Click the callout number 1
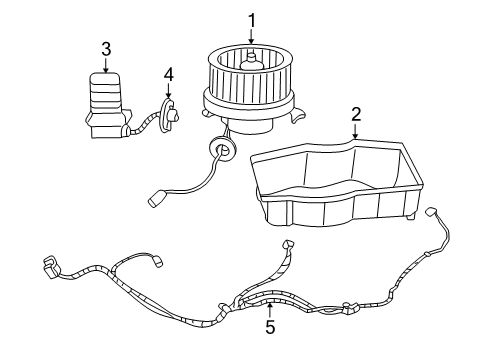pos(252,19)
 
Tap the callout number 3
pos(106,48)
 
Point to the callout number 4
pos(168,74)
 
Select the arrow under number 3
pos(106,66)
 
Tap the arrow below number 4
pos(168,92)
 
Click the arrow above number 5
pos(268,307)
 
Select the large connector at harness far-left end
pos(49,268)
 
